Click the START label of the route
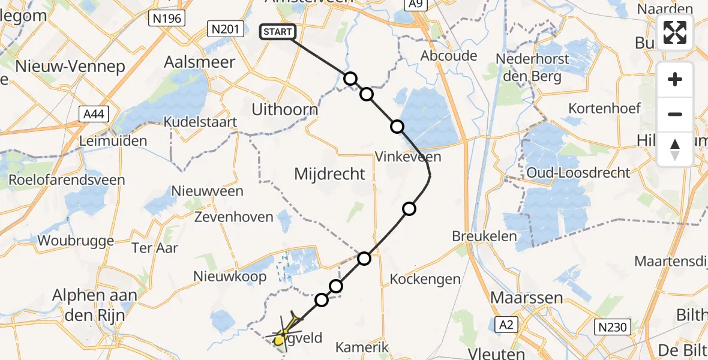tap(277, 32)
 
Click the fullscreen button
tap(675, 32)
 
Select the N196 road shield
tap(167, 19)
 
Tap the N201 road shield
tap(225, 28)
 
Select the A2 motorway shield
tap(506, 325)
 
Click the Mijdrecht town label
tap(329, 174)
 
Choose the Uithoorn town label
tap(284, 110)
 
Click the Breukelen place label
tap(485, 236)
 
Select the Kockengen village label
tap(425, 279)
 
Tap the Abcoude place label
tap(449, 56)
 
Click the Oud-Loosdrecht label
tap(578, 173)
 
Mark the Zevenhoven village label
tap(234, 217)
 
